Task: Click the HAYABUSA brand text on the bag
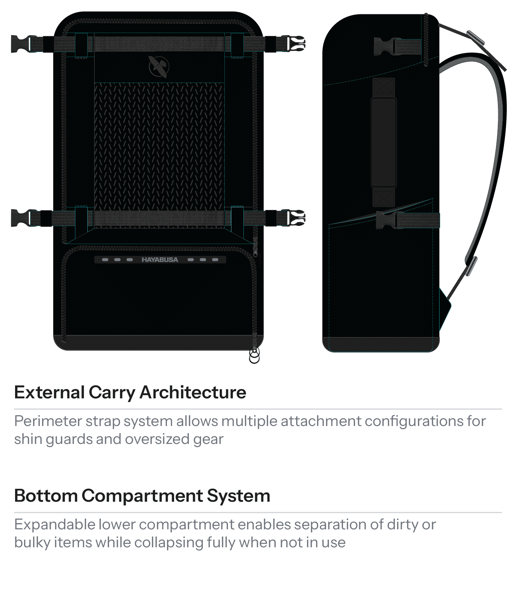[160, 259]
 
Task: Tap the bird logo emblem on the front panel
[158, 66]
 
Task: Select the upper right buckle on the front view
[294, 44]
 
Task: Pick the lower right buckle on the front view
[294, 218]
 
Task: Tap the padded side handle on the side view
[383, 142]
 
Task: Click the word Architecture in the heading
[193, 392]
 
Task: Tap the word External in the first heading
[49, 392]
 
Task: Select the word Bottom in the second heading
[46, 496]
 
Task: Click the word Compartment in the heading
[142, 496]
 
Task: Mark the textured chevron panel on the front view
[159, 144]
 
